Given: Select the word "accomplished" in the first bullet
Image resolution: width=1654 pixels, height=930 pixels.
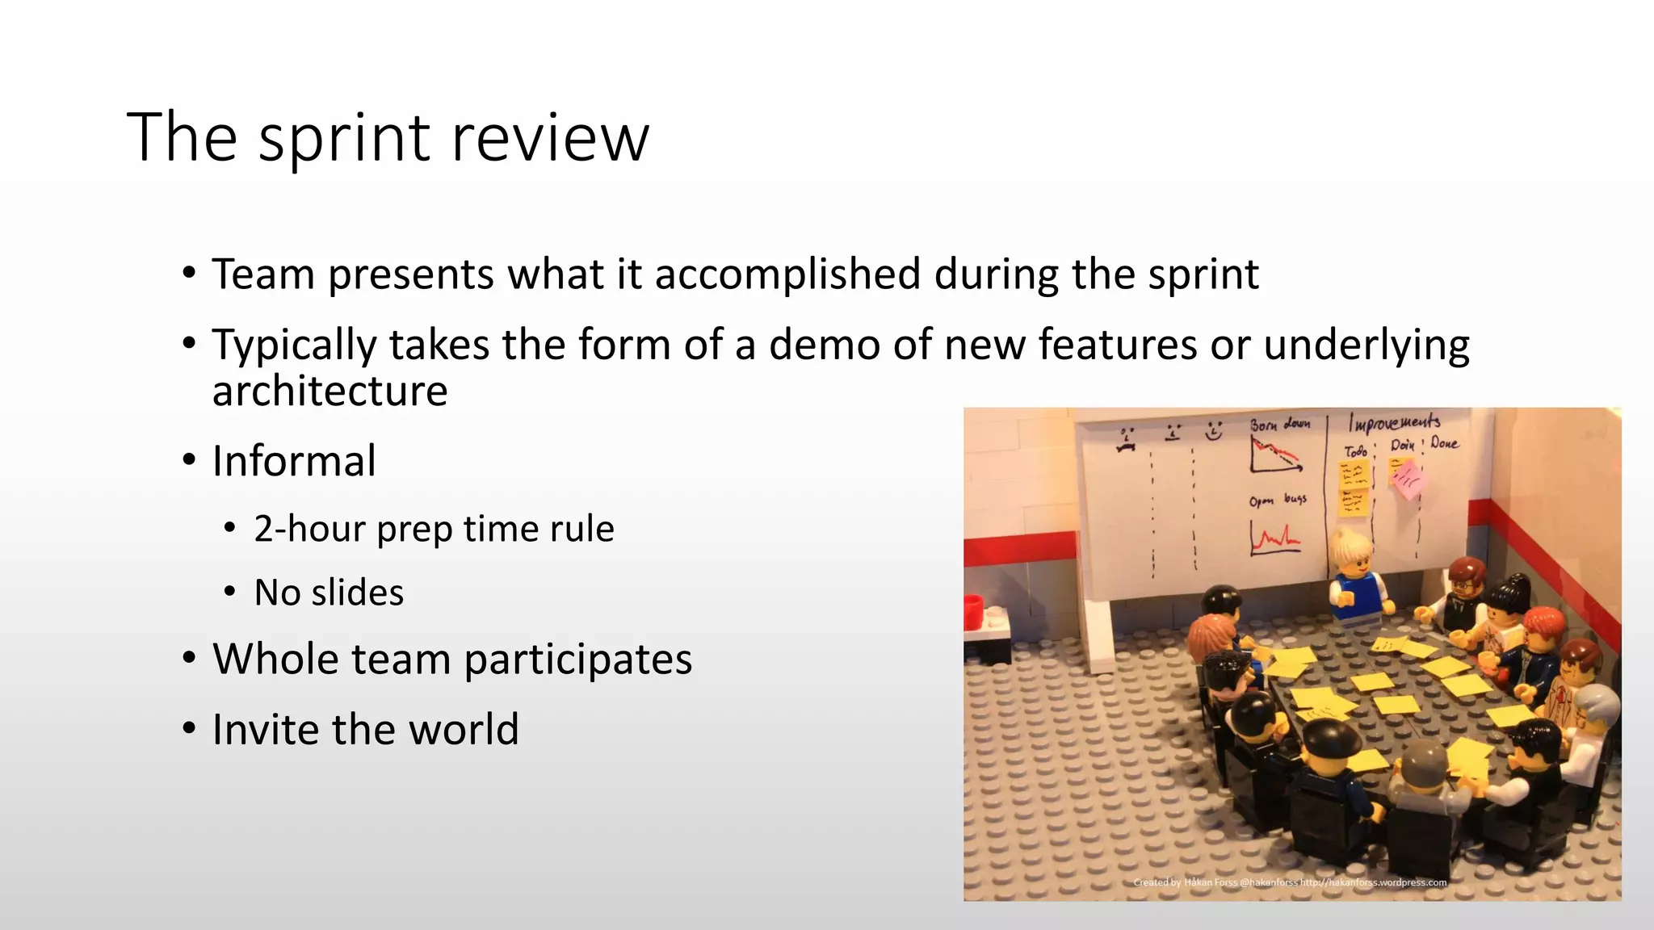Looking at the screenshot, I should pyautogui.click(x=787, y=274).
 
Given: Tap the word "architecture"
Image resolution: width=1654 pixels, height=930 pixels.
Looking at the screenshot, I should pyautogui.click(x=330, y=392).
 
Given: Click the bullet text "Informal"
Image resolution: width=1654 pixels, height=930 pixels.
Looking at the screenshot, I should pyautogui.click(x=294, y=461).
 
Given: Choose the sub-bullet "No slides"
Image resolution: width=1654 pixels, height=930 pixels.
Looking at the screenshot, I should pyautogui.click(x=329, y=593).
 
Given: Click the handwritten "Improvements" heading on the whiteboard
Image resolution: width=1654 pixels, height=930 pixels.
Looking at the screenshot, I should pyautogui.click(x=1394, y=422).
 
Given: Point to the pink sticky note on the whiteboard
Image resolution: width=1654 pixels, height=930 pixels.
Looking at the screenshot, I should pyautogui.click(x=1408, y=480).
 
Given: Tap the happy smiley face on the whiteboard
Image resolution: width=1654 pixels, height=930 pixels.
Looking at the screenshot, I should pyautogui.click(x=1213, y=431).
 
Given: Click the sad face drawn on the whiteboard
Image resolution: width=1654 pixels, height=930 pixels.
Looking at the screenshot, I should pyautogui.click(x=1126, y=438).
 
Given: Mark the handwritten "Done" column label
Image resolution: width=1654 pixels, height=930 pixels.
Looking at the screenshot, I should pyautogui.click(x=1445, y=442).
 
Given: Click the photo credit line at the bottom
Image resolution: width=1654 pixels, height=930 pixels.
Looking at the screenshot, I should pyautogui.click(x=1290, y=882).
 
